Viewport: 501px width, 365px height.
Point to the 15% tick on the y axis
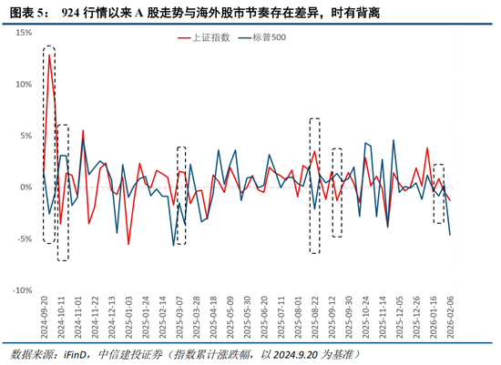23,32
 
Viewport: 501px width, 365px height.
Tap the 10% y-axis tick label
23,84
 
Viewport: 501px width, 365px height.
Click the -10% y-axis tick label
21,291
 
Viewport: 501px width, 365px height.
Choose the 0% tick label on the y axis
26,188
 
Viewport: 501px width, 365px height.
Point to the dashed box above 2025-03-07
181,195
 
